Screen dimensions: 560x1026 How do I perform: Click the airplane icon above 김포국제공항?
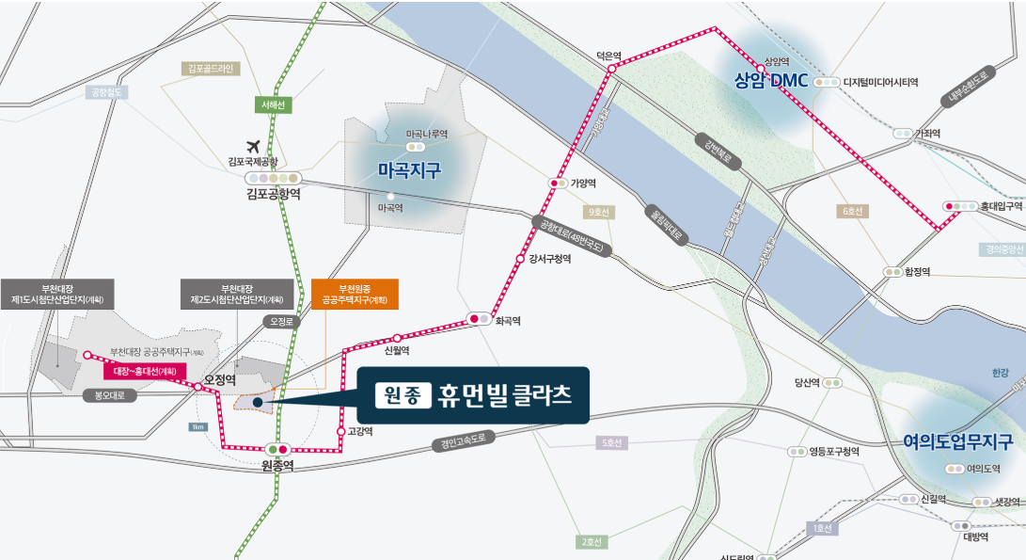[x=251, y=146]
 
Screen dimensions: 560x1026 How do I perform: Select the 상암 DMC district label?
[x=771, y=81]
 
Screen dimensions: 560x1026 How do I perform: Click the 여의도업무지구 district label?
[x=957, y=441]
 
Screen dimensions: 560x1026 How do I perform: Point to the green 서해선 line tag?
[x=274, y=105]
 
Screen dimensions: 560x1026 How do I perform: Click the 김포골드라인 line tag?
[x=212, y=69]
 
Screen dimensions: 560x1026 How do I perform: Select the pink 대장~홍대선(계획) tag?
[x=145, y=371]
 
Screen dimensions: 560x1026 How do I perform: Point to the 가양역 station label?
[x=584, y=184]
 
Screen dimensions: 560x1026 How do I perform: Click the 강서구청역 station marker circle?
[x=520, y=258]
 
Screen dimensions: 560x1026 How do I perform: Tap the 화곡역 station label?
[x=508, y=321]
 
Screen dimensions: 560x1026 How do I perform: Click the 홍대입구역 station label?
[x=1001, y=205]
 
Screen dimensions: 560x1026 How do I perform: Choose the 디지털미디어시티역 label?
[x=880, y=83]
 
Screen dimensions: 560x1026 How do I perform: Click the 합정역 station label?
[x=917, y=272]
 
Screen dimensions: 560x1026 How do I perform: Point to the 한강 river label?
[x=999, y=374]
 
